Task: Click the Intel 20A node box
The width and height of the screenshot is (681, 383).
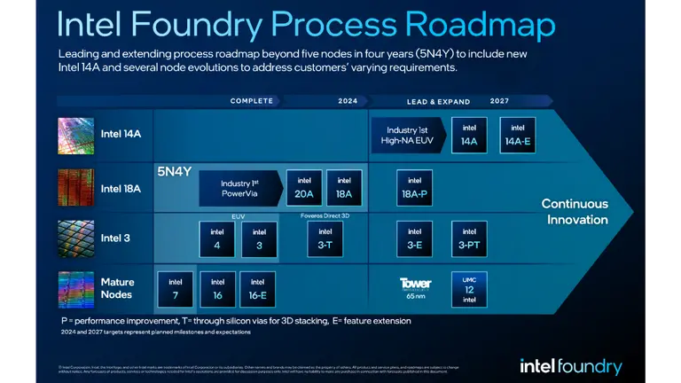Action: (304, 187)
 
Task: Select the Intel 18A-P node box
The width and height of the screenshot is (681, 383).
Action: (414, 188)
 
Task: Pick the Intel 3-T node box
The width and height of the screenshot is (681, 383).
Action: (325, 238)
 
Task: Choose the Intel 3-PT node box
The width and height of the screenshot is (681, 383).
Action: (469, 238)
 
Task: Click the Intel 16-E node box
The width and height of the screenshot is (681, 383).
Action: (258, 289)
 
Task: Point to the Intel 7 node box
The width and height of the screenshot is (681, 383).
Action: (175, 289)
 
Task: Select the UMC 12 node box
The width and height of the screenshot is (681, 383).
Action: (469, 289)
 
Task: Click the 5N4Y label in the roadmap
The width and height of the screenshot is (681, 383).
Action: (174, 171)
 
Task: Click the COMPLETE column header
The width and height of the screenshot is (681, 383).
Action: (252, 101)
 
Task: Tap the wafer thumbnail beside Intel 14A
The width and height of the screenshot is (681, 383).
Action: (76, 135)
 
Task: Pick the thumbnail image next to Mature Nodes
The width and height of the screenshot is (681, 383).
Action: (76, 289)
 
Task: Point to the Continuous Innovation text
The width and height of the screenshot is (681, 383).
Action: (575, 211)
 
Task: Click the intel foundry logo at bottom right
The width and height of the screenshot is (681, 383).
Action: (570, 365)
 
